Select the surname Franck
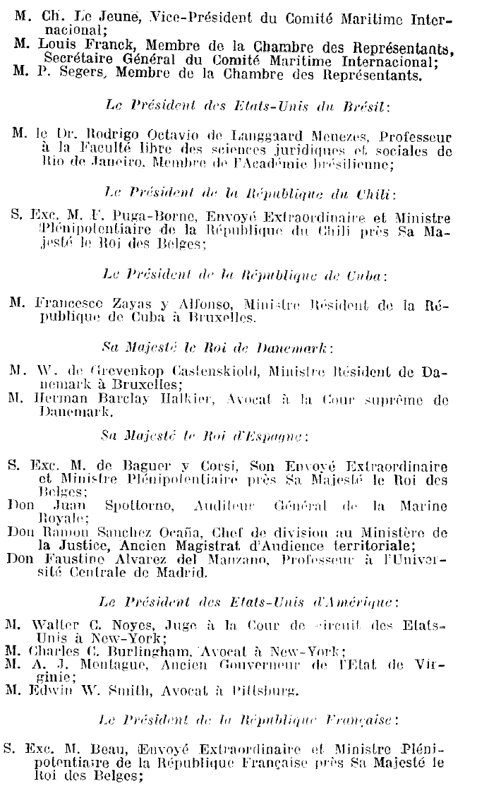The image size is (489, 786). (91, 47)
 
